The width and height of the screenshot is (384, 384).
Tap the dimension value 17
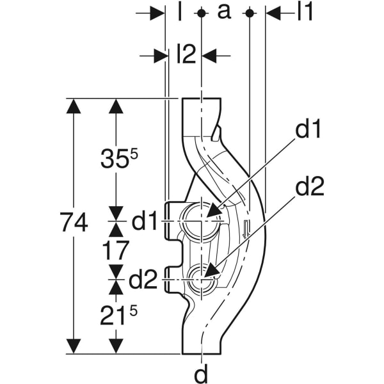pyautogui.click(x=116, y=250)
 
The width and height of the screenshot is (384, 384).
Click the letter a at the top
pyautogui.click(x=225, y=12)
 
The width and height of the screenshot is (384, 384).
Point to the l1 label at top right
pyautogui.click(x=305, y=12)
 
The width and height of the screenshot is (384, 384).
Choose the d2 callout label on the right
pyautogui.click(x=309, y=187)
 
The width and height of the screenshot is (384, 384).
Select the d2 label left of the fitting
pyautogui.click(x=144, y=280)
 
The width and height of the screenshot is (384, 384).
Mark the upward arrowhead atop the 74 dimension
pyautogui.click(x=75, y=106)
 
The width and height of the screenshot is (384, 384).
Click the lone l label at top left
pyautogui.click(x=180, y=12)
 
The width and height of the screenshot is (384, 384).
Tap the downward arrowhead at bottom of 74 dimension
pyautogui.click(x=75, y=345)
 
